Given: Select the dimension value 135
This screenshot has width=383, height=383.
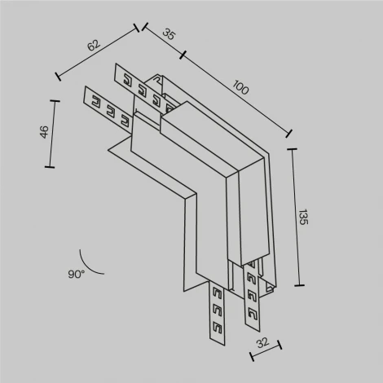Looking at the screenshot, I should (x=303, y=216).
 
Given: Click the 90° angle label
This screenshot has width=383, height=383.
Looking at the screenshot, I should (x=77, y=275).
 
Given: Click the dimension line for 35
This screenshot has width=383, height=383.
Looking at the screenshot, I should (x=163, y=43).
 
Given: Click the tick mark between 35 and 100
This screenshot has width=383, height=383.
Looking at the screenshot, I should (x=183, y=56).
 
